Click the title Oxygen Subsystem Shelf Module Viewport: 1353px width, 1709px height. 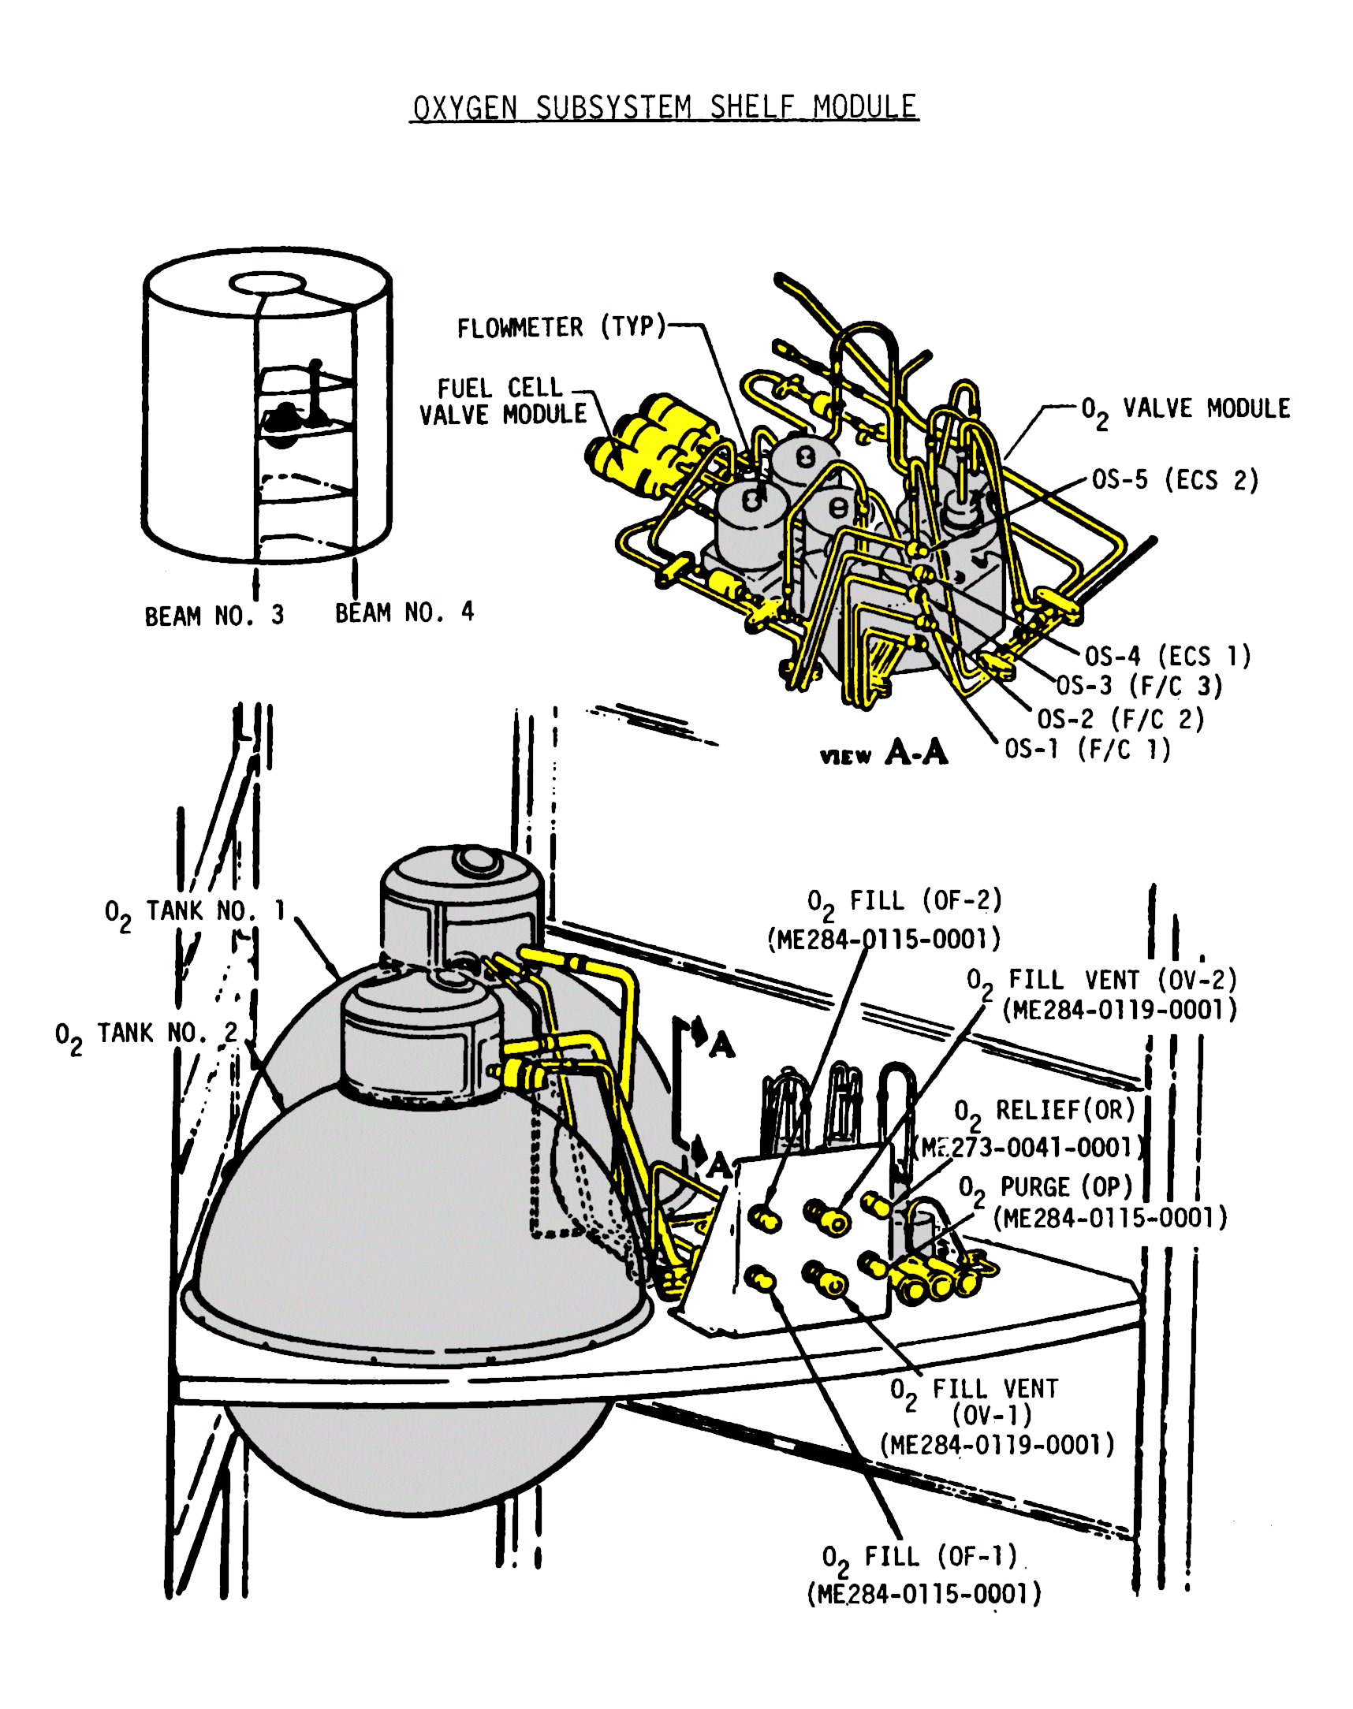coord(664,107)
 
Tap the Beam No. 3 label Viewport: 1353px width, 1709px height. coord(214,616)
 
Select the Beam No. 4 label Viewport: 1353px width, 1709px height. coord(404,612)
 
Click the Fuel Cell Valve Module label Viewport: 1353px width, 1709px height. coord(503,401)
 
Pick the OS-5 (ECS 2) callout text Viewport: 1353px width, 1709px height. coord(1175,480)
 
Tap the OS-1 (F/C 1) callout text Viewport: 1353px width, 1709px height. coord(1086,749)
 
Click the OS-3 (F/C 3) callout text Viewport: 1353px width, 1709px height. coord(1139,686)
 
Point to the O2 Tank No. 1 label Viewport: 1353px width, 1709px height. coord(195,911)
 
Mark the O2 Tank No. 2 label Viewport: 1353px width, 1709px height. coord(146,1034)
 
